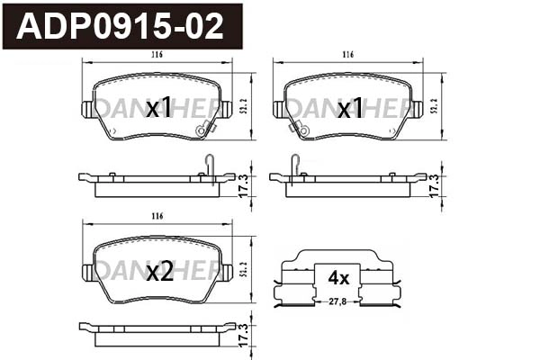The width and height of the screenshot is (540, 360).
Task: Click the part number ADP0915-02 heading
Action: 121,26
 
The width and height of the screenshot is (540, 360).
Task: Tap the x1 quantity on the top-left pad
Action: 158,109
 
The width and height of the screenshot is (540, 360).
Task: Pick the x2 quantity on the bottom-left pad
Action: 158,271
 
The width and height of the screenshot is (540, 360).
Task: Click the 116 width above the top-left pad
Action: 157,56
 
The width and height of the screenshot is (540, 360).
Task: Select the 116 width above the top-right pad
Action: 347,56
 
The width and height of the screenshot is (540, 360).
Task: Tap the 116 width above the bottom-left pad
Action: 157,217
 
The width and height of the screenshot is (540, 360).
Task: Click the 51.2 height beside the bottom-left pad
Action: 245,270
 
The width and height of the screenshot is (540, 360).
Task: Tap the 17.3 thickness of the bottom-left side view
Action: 243,335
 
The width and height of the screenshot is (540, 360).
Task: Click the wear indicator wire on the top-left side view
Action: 209,165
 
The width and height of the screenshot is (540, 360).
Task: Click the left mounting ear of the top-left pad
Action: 87,109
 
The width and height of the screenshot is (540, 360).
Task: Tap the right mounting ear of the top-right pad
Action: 418,109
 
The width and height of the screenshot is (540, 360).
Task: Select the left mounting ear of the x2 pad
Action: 87,270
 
